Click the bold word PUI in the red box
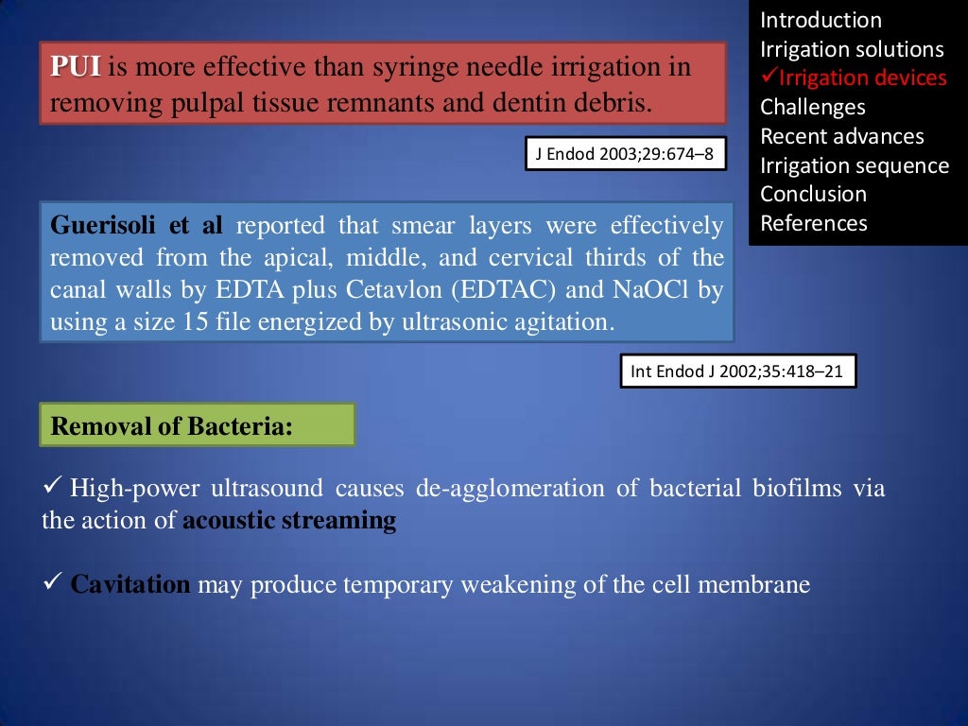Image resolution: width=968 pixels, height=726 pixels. click(75, 68)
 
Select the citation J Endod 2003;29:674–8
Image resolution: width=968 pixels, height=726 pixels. click(626, 154)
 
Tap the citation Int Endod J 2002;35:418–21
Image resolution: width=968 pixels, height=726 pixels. click(737, 372)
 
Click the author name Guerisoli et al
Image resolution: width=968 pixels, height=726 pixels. click(136, 226)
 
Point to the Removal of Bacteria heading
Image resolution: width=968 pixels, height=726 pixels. click(171, 426)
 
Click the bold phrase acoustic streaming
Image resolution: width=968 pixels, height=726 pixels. click(289, 521)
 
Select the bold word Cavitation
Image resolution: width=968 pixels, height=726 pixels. click(130, 584)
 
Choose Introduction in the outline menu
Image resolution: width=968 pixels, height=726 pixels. click(821, 20)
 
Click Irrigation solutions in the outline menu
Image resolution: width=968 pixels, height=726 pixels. click(852, 49)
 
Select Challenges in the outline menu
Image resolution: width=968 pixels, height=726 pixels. click(813, 107)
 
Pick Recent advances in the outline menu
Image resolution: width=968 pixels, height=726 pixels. click(842, 136)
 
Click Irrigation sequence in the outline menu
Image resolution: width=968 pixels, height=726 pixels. click(855, 165)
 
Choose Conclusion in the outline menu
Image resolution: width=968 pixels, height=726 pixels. click(813, 194)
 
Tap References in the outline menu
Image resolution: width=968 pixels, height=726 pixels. click(813, 223)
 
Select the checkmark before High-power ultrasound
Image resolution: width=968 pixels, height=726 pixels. click(53, 488)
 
